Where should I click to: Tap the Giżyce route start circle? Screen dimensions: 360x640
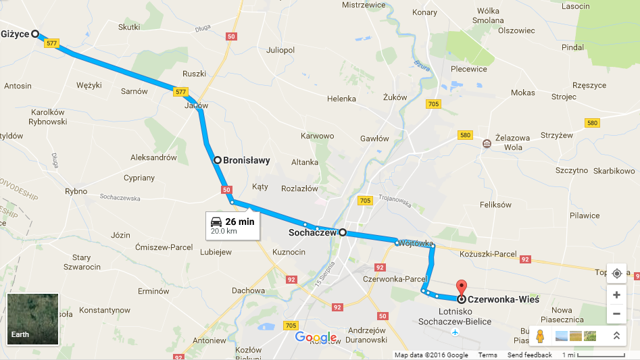click(x=34, y=33)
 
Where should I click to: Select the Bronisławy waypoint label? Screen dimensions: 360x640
click(x=246, y=161)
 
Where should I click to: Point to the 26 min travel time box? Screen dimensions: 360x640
click(x=232, y=226)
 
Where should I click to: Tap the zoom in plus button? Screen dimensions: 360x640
click(x=616, y=295)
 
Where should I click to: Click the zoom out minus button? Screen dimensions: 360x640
click(x=616, y=314)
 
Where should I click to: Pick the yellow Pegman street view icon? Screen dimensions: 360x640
click(x=539, y=335)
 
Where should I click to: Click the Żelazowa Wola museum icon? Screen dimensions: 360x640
click(x=487, y=143)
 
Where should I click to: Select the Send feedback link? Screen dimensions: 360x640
click(x=529, y=355)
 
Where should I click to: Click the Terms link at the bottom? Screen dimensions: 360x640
click(x=487, y=355)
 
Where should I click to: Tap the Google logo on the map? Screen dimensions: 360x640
click(x=316, y=338)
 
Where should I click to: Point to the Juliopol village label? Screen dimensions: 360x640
click(x=280, y=50)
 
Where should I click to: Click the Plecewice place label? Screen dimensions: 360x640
click(x=469, y=69)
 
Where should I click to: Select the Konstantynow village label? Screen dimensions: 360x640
click(x=104, y=310)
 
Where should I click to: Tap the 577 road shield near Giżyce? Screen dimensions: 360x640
click(x=51, y=43)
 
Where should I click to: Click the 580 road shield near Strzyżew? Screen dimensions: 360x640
click(x=592, y=123)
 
